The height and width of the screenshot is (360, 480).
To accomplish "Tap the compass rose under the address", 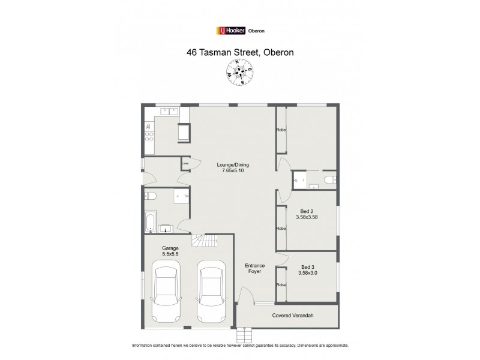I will [240, 73].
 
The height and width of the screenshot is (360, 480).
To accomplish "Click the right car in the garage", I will [209, 290].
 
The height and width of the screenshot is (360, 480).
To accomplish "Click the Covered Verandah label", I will [293, 315].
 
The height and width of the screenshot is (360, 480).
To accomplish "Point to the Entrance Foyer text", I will [255, 268].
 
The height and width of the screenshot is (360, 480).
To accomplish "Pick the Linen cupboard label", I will [185, 162].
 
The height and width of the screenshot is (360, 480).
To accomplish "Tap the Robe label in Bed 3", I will [280, 284].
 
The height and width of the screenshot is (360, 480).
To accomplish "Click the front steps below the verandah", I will [244, 334].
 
